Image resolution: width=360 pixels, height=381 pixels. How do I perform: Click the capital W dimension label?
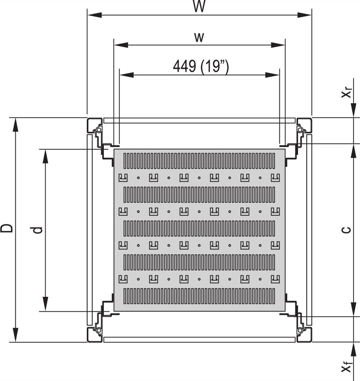[x=199, y=6]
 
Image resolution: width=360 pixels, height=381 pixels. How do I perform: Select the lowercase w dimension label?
[x=199, y=37]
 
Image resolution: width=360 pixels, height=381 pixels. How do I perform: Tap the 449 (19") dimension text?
[x=200, y=66]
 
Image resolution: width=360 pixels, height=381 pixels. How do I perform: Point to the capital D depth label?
[x=7, y=228]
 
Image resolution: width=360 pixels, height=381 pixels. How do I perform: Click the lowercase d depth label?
[x=38, y=230]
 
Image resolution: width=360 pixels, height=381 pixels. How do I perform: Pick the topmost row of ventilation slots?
[x=199, y=161]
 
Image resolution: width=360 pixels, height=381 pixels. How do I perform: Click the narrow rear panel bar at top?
[x=199, y=120]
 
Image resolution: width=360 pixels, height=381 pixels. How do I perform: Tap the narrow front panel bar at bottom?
[x=199, y=340]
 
